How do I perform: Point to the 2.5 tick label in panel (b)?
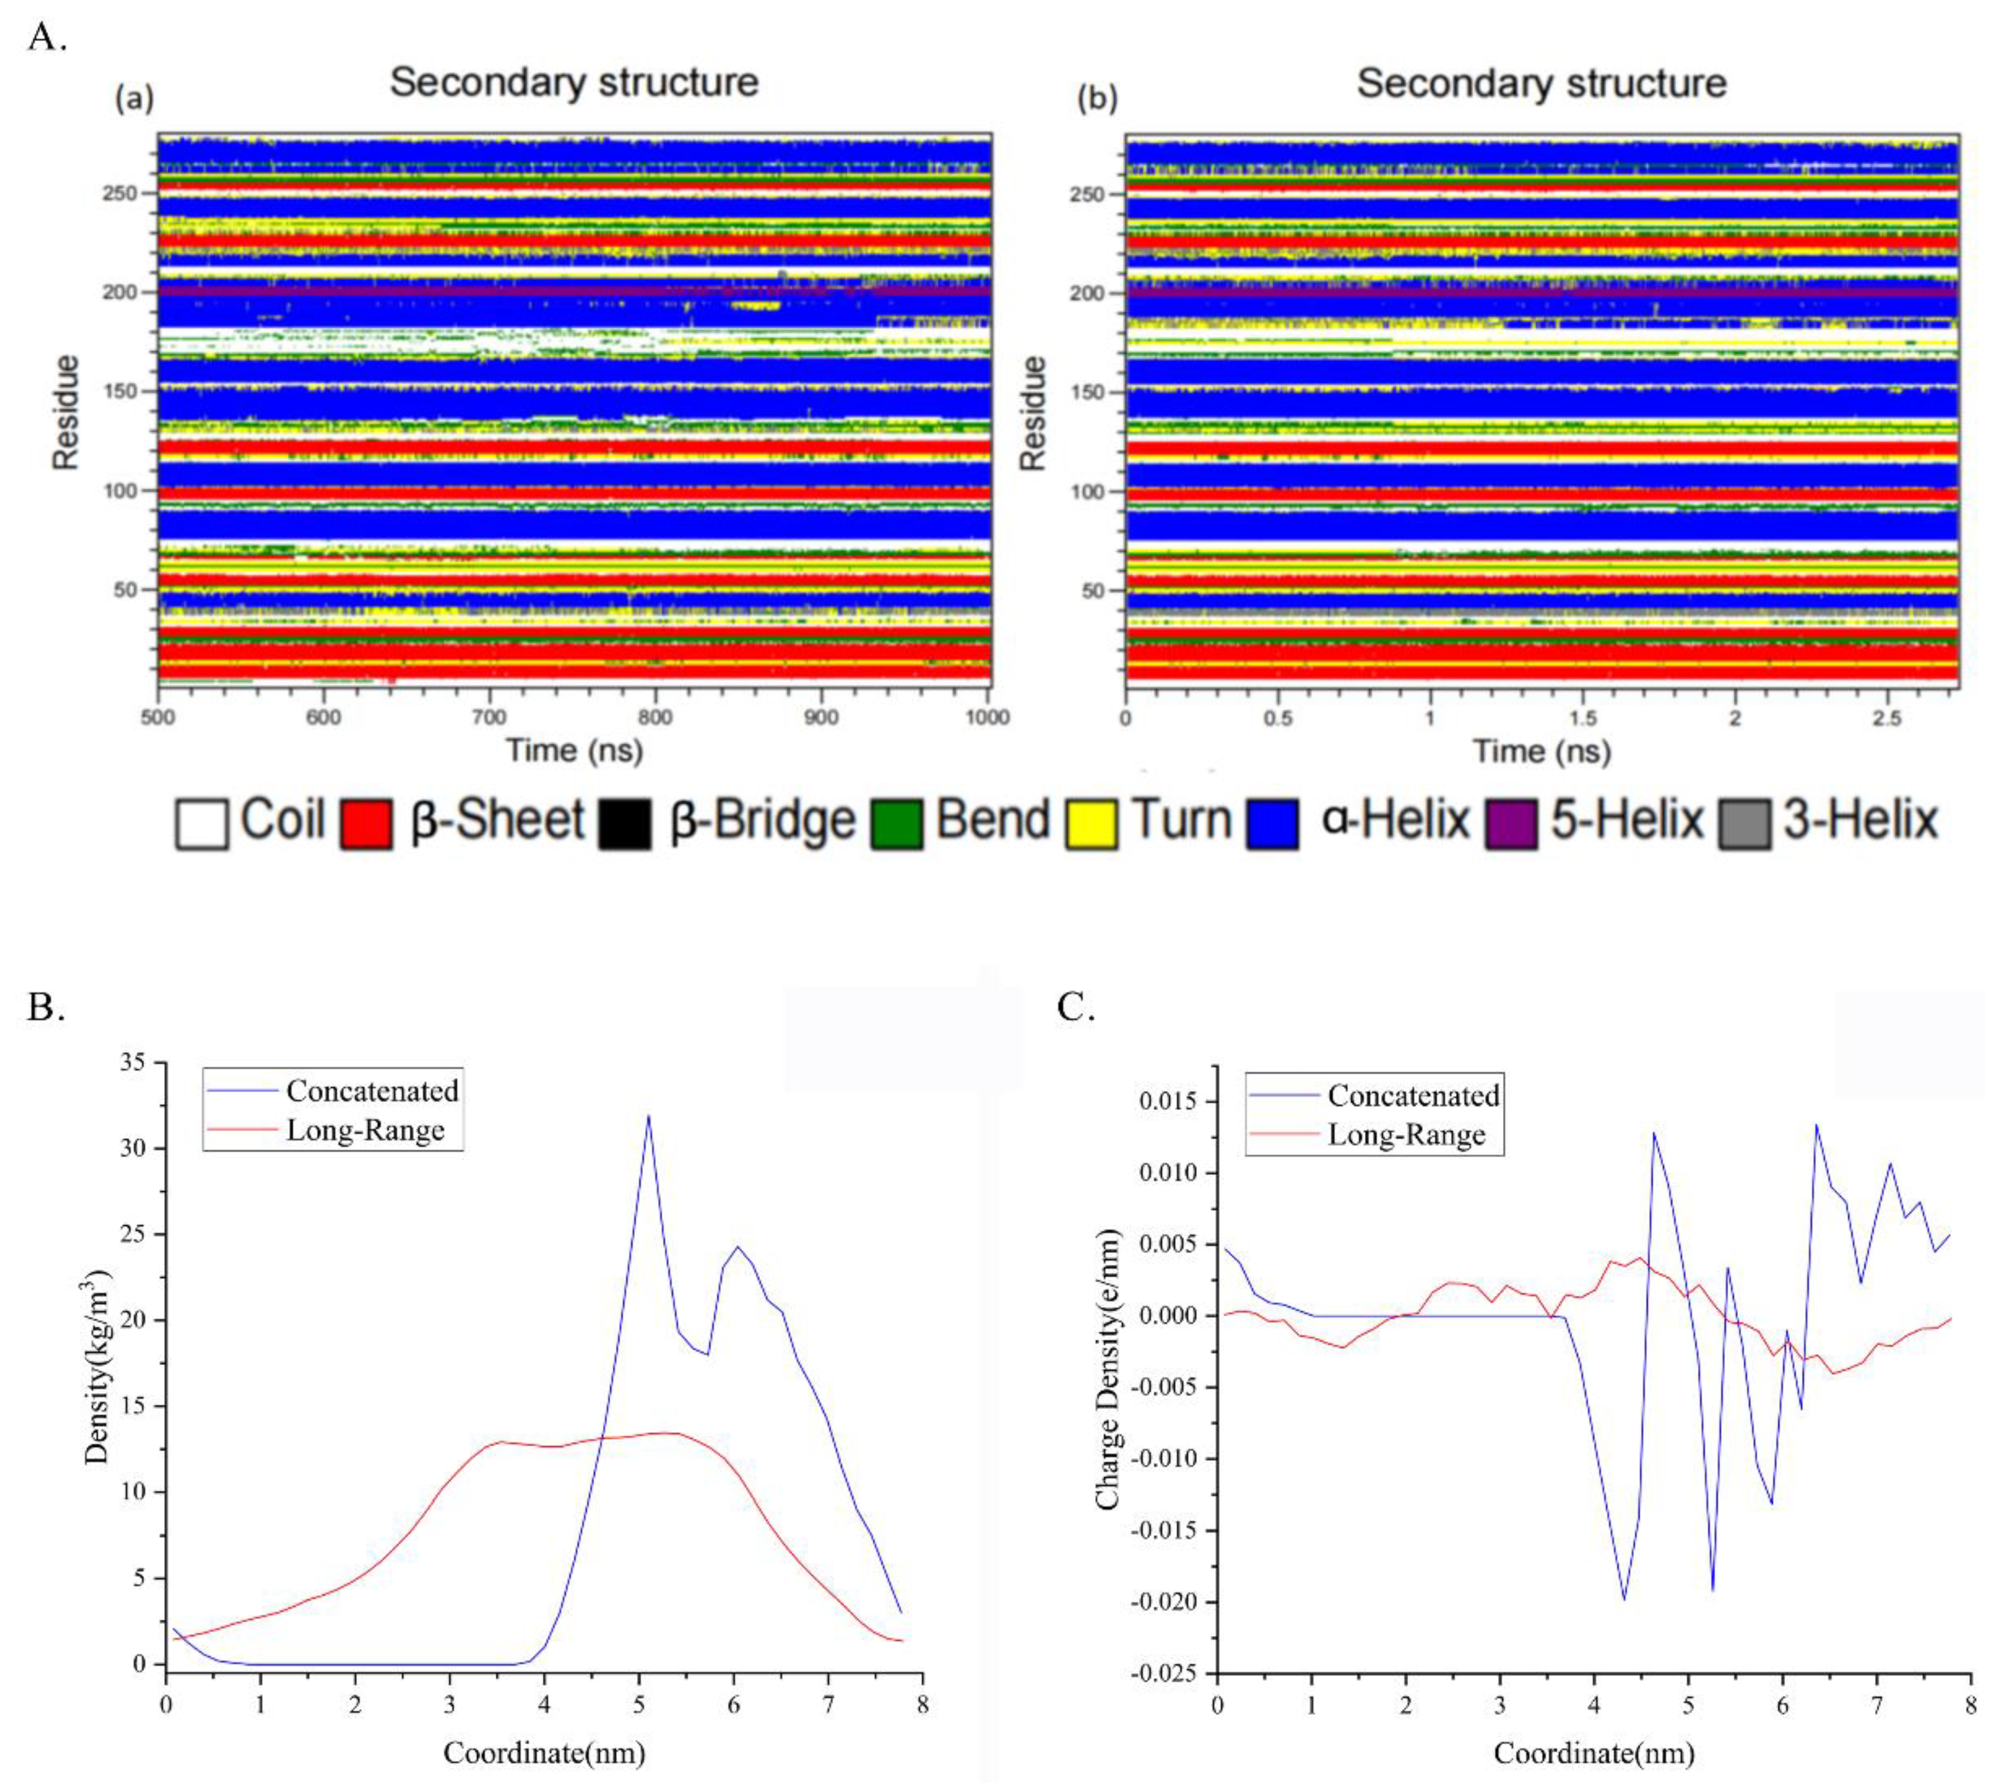1886,718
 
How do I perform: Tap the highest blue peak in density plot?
647,1116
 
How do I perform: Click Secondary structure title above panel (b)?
1541,83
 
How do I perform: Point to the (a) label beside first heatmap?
135,99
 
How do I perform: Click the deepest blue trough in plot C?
1624,1600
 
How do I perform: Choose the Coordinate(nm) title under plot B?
544,1752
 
